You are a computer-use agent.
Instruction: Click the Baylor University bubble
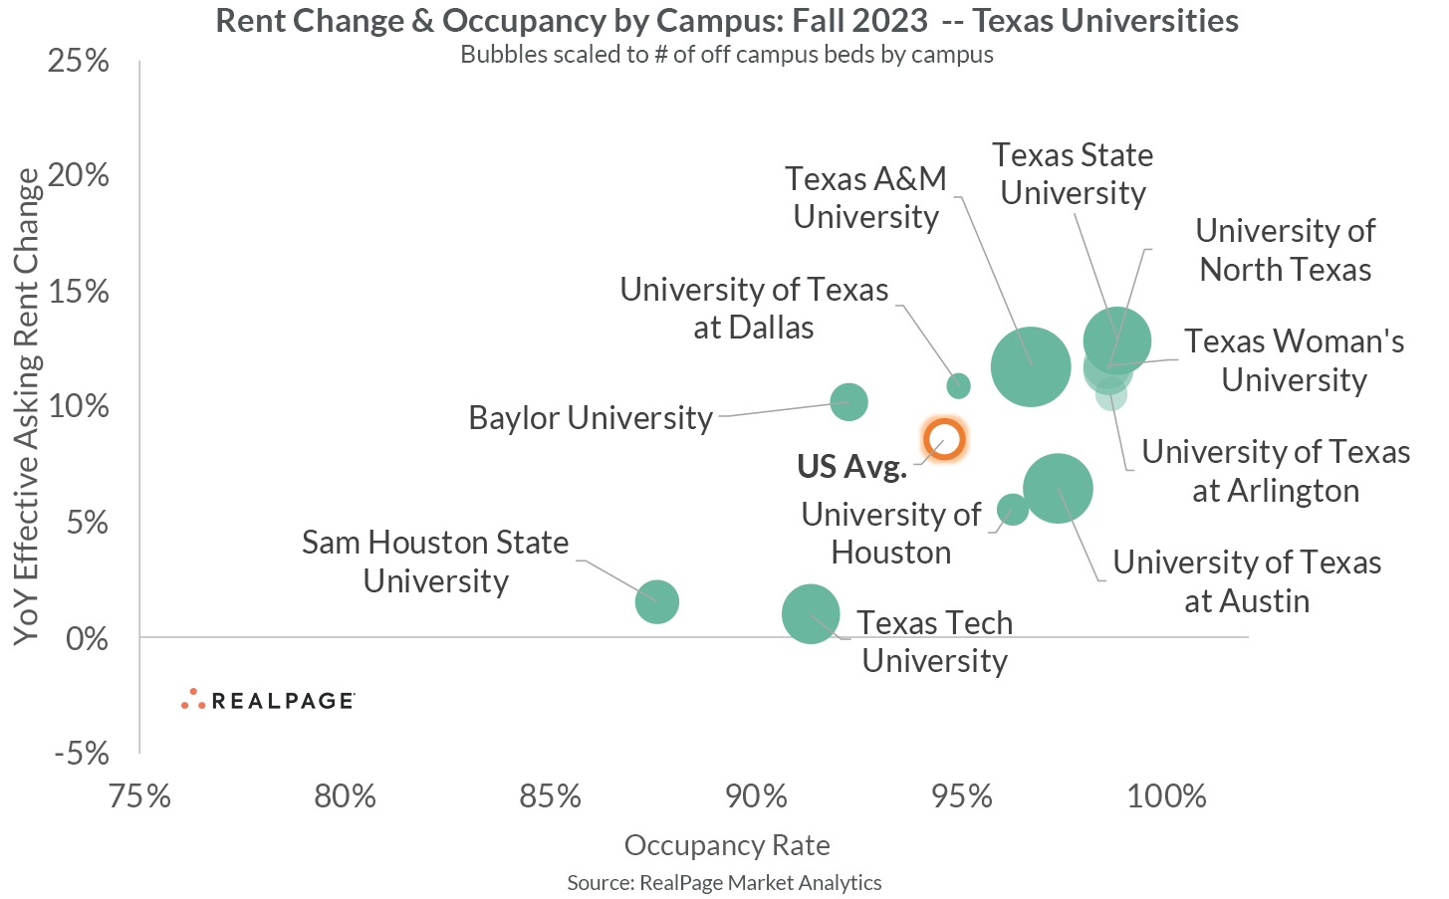click(x=848, y=402)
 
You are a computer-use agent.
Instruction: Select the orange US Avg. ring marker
click(x=944, y=439)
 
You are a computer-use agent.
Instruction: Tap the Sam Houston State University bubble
click(x=657, y=601)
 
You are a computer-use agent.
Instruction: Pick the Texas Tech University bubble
click(x=811, y=614)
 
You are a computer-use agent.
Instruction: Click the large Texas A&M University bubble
click(x=1031, y=367)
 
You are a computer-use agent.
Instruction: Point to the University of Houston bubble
click(x=1012, y=510)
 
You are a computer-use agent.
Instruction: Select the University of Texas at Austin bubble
click(x=1058, y=488)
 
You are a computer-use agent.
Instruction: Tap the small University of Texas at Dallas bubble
click(x=958, y=385)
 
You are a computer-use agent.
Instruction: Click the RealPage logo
click(x=269, y=700)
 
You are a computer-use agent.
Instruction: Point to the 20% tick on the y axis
click(x=77, y=176)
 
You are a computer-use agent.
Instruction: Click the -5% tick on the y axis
click(x=81, y=754)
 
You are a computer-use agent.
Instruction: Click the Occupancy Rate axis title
click(x=727, y=845)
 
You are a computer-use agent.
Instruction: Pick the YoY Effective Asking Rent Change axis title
click(x=28, y=406)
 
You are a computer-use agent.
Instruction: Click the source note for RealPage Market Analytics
click(x=724, y=882)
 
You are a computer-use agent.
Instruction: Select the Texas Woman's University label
click(x=1294, y=360)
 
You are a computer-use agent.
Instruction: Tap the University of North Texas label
click(x=1285, y=250)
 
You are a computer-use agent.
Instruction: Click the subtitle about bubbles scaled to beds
click(x=726, y=55)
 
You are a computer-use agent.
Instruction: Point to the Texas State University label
click(x=1073, y=174)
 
